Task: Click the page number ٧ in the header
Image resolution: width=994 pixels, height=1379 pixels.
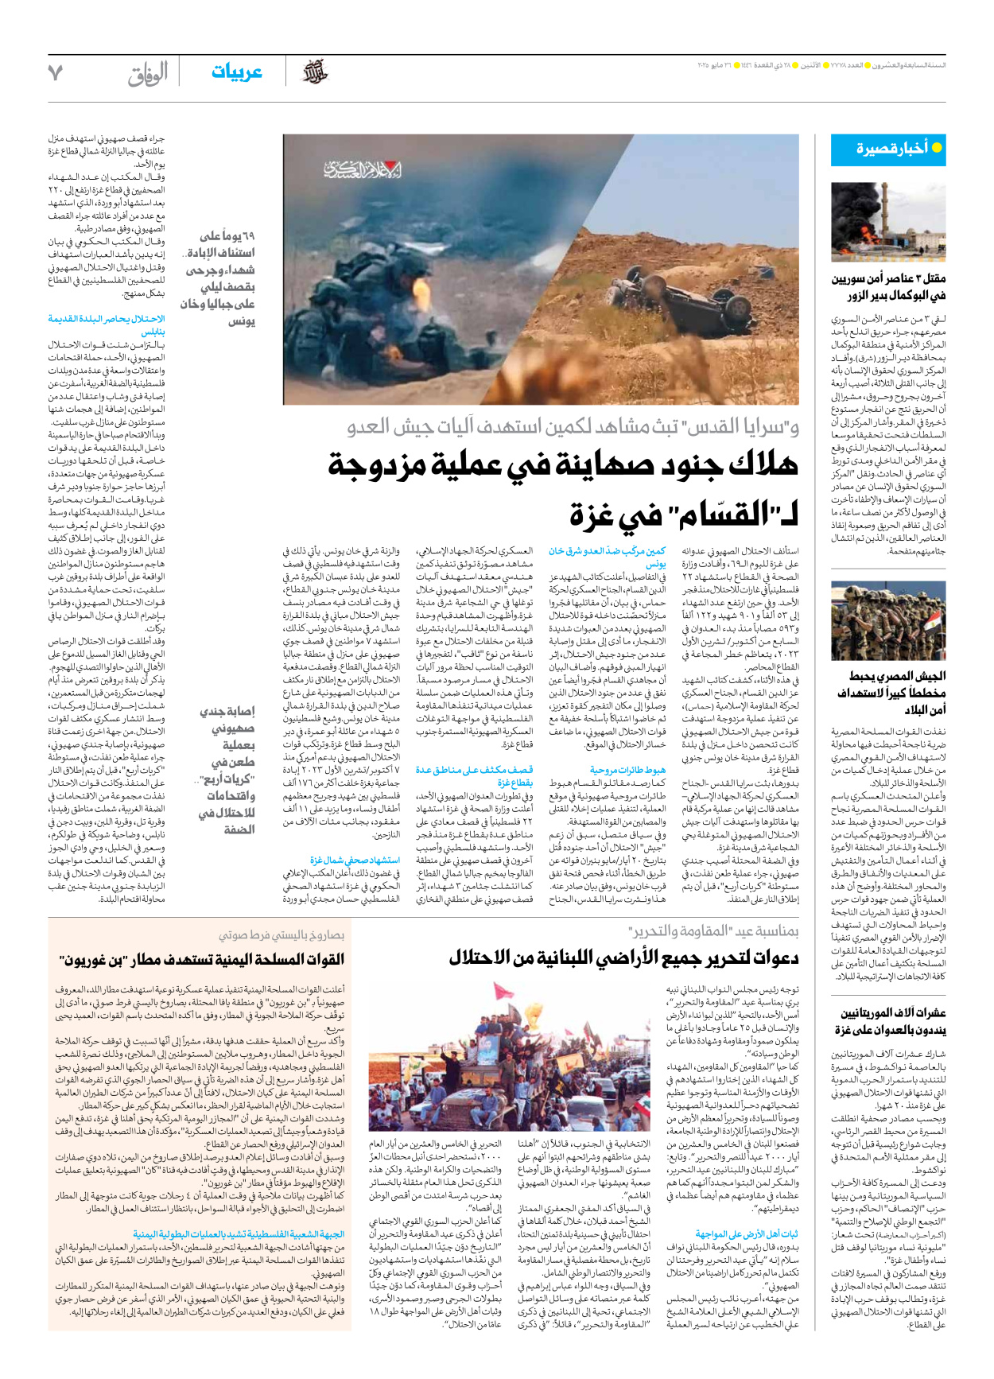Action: point(55,73)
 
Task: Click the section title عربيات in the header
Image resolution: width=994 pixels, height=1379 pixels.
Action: point(236,72)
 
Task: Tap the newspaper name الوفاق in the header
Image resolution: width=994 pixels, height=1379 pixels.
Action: point(148,74)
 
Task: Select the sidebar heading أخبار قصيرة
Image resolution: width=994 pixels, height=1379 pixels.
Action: point(891,148)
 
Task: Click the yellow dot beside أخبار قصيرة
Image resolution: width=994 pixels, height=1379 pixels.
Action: point(937,148)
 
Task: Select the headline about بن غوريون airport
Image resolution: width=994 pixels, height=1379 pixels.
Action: point(202,959)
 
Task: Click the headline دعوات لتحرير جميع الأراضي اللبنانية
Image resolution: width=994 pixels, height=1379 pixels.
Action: point(623,958)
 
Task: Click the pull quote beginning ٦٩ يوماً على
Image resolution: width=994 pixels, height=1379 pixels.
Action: point(218,278)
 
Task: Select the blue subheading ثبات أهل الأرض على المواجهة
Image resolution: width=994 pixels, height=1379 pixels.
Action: point(747,1233)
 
